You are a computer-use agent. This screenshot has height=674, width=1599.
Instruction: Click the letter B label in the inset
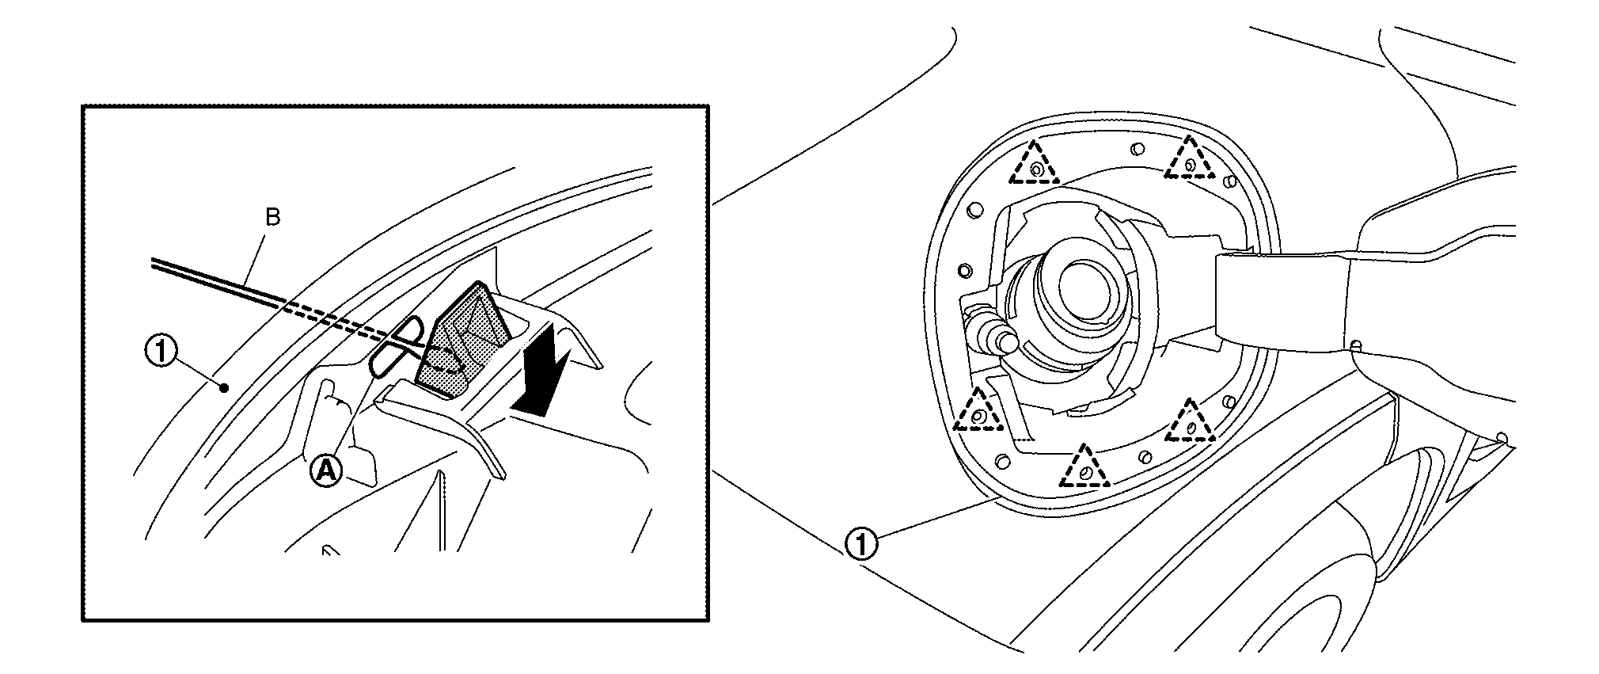click(x=273, y=217)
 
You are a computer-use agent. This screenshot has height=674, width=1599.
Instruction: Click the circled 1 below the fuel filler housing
click(x=862, y=545)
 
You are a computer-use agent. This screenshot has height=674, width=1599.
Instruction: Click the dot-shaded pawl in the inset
click(x=462, y=336)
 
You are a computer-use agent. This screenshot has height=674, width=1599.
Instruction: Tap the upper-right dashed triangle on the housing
click(x=1189, y=158)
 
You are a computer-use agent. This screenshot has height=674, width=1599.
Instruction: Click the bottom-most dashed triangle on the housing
click(x=1084, y=466)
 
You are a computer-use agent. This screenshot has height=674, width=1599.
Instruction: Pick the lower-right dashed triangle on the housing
click(x=1190, y=421)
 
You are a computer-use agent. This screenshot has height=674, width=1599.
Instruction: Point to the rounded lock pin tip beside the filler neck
click(x=1006, y=341)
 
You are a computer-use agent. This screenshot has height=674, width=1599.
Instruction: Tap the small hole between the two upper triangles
click(x=1137, y=148)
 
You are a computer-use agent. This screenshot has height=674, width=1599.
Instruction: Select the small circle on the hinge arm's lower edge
click(x=1355, y=345)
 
